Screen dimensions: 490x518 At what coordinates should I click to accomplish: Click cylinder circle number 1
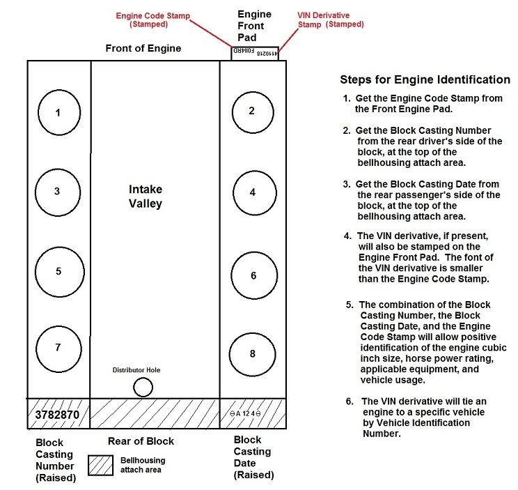(x=58, y=112)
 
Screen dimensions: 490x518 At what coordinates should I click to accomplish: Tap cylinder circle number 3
(x=58, y=191)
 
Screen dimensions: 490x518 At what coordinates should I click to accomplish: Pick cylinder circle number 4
(x=253, y=192)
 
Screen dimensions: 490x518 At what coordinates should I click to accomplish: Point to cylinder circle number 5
(x=58, y=272)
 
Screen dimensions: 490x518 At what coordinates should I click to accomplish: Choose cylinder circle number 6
(x=253, y=275)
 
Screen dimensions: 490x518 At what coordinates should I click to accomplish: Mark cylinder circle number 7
(x=58, y=348)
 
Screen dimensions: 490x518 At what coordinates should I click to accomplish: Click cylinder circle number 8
(x=252, y=354)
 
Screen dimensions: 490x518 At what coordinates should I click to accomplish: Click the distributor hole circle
(x=143, y=387)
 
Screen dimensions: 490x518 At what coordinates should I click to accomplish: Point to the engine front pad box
(x=255, y=53)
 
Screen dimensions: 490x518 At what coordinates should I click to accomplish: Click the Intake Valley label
(x=146, y=196)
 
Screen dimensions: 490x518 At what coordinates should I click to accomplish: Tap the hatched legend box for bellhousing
(x=101, y=465)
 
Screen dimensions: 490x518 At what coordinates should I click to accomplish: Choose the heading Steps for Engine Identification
(x=425, y=79)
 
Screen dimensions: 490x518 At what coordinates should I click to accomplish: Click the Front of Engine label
(x=143, y=49)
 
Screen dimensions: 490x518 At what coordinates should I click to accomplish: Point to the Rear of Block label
(x=141, y=441)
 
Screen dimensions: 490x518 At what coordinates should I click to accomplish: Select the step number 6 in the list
(x=350, y=401)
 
